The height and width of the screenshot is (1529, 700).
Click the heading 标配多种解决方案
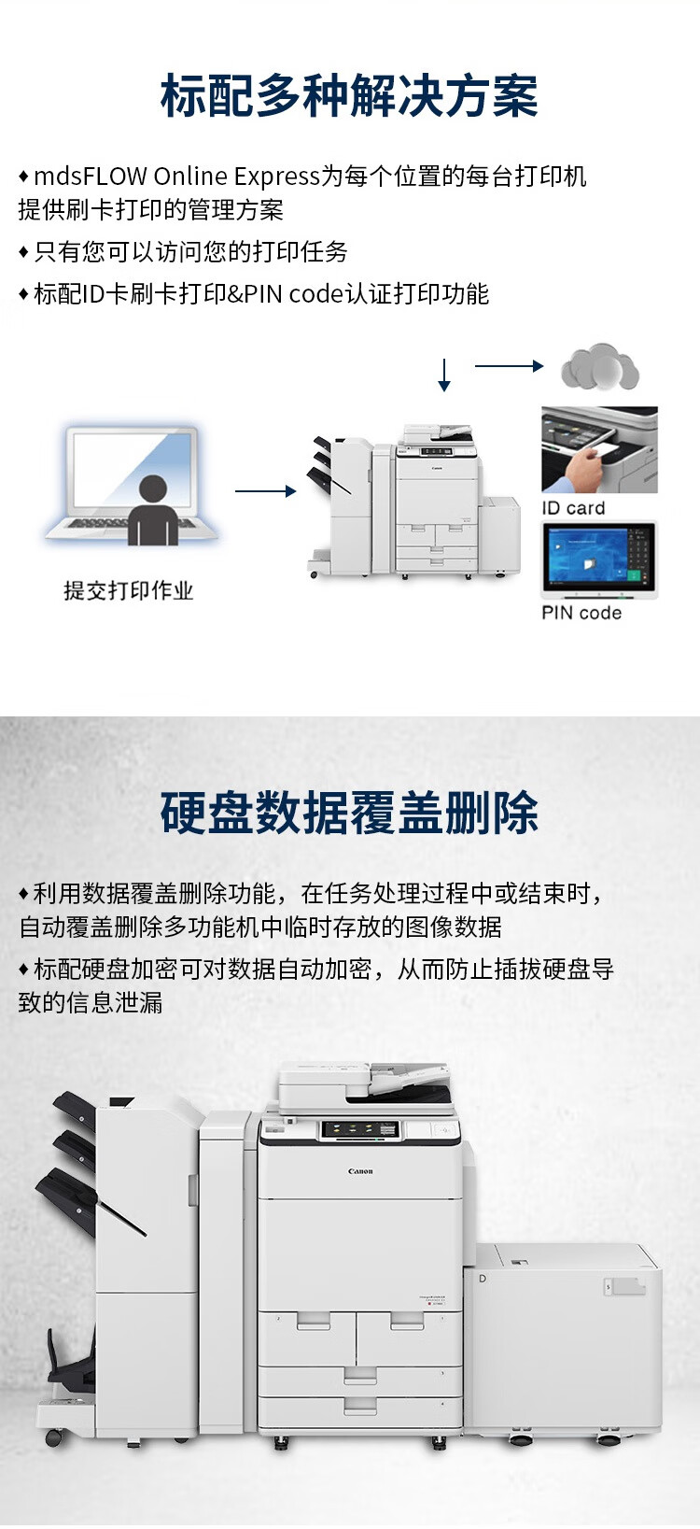pos(349,95)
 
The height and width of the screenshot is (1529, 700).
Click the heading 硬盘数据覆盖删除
pos(349,813)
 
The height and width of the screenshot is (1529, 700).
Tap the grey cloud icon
pos(600,366)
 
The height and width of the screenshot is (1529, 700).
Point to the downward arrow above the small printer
pos(444,375)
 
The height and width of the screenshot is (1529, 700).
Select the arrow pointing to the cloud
pos(509,366)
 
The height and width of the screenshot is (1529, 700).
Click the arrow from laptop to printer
pos(265,490)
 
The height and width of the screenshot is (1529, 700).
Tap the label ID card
pos(573,508)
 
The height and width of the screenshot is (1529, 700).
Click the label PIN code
pos(581,613)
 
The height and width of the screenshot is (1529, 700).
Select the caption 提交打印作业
pos(128,590)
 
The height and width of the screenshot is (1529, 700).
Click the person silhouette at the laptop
pos(153,509)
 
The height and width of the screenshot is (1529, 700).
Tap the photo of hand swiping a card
pos(600,450)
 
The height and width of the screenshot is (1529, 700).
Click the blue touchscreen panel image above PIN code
pos(600,559)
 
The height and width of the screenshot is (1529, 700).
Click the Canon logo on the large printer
pos(360,1171)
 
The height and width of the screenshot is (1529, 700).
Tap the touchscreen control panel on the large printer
pos(360,1129)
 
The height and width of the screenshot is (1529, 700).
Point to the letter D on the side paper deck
pos(483,1278)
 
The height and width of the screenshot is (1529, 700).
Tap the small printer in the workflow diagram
pos(413,502)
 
